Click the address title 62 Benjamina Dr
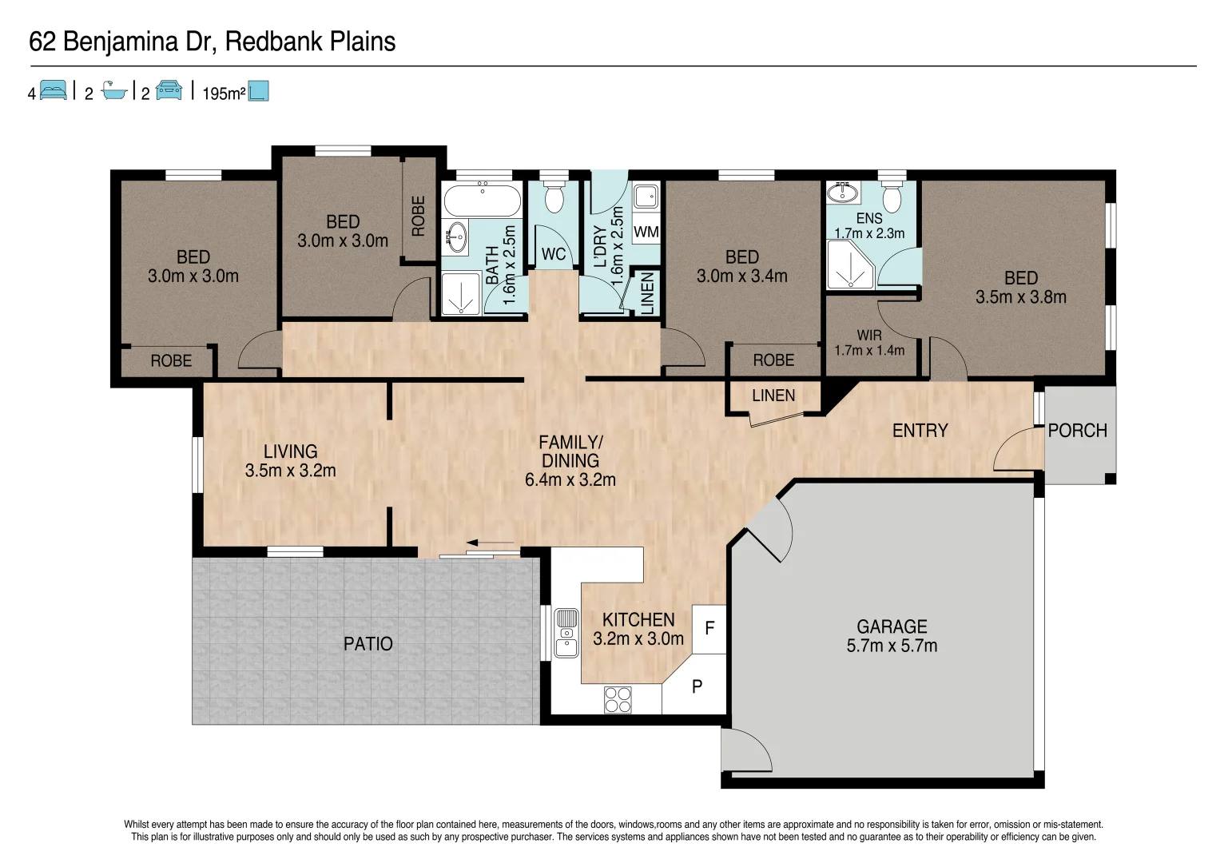(x=212, y=42)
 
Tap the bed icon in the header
(x=54, y=91)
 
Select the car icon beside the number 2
(x=169, y=91)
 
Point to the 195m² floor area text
(x=224, y=93)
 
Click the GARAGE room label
(x=892, y=626)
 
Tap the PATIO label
(x=368, y=644)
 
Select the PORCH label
(x=1077, y=431)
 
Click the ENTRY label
(x=920, y=431)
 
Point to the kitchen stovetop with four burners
(x=618, y=700)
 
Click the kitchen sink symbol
(x=566, y=632)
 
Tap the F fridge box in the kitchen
(x=709, y=628)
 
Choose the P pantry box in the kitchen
(x=697, y=686)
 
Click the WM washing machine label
(x=646, y=232)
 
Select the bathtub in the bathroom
(x=482, y=200)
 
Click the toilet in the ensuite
(x=892, y=197)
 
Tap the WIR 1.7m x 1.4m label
(x=869, y=343)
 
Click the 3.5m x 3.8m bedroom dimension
(x=1020, y=297)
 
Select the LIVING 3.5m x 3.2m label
(x=290, y=461)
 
